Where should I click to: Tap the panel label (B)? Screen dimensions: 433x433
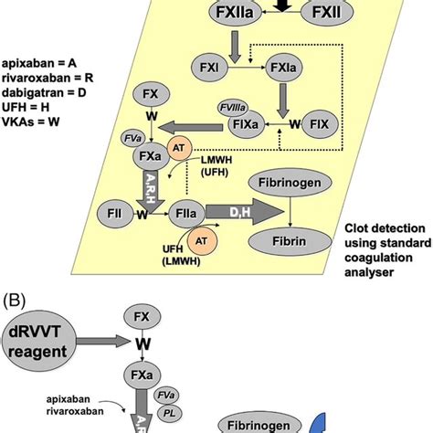coord(17,299)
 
